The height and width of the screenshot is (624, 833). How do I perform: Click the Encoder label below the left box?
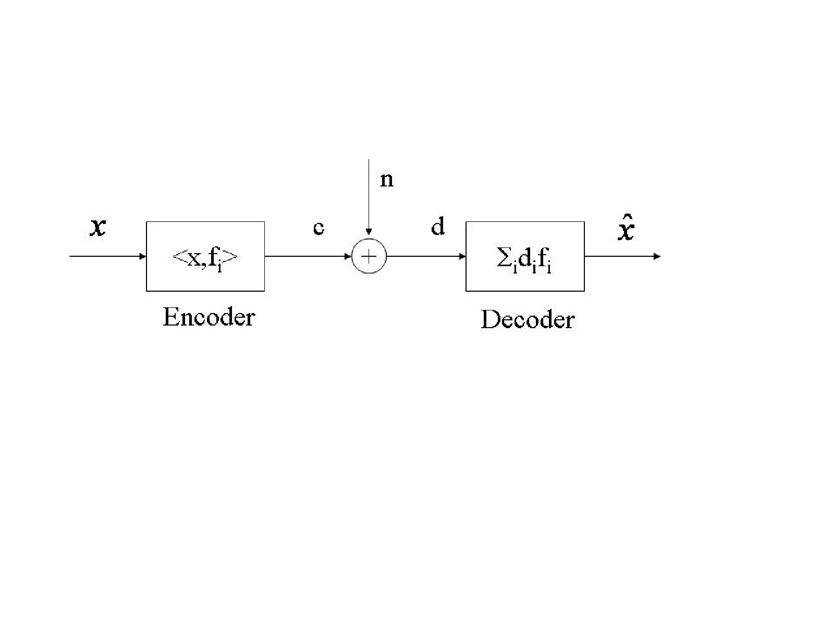point(209,317)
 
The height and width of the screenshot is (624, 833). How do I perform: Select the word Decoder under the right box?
point(528,319)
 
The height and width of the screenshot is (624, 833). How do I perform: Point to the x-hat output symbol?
point(626,228)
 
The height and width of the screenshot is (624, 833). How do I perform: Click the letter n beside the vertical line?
point(387,180)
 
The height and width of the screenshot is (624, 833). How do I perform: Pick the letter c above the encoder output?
point(319,228)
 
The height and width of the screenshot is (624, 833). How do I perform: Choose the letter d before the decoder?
point(437,226)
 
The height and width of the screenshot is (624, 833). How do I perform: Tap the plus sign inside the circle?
point(369,257)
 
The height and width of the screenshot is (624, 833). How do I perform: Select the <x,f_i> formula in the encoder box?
point(205,258)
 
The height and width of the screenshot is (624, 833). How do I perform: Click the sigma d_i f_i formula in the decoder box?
point(524,260)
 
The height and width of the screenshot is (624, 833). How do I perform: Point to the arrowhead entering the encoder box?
point(143,256)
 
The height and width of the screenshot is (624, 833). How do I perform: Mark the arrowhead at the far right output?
point(657,256)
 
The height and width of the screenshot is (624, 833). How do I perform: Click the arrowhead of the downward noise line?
point(369,232)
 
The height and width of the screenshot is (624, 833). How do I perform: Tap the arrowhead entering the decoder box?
point(462,256)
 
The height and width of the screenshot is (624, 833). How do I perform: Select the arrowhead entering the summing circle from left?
point(348,256)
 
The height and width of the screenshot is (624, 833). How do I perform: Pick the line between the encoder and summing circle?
point(308,256)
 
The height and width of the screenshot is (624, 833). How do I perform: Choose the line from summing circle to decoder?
point(426,256)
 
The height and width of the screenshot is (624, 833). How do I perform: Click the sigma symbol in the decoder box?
point(504,257)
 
